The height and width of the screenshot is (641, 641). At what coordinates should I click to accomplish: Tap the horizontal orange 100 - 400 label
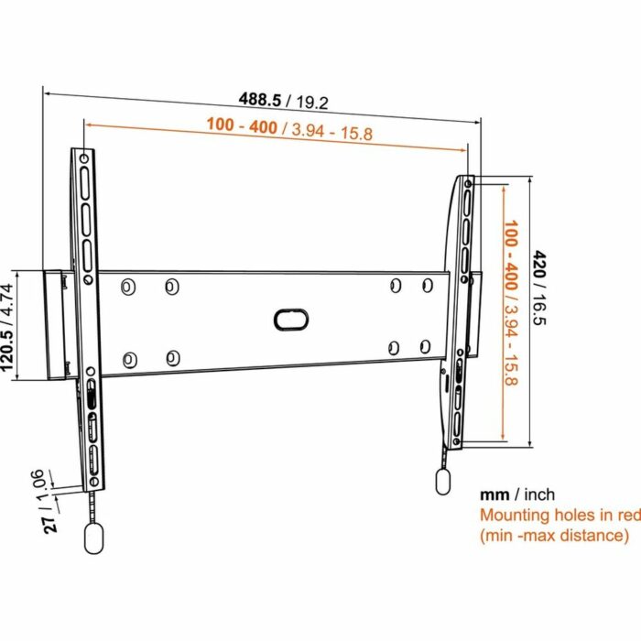click(242, 126)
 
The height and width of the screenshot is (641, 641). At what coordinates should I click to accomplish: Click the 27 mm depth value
click(53, 523)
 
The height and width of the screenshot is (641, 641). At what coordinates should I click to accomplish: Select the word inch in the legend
click(538, 494)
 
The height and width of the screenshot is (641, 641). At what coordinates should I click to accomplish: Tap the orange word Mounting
click(515, 516)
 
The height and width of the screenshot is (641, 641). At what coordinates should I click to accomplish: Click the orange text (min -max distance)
click(555, 536)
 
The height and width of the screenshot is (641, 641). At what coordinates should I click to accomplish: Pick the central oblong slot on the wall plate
click(290, 319)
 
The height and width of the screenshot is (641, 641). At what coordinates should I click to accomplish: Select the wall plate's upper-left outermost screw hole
click(129, 287)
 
